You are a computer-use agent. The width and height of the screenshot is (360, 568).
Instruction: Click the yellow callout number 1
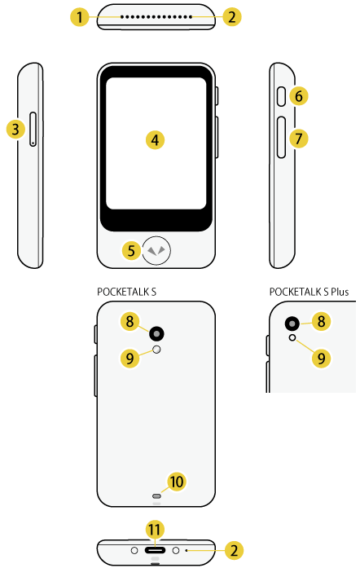click(x=79, y=15)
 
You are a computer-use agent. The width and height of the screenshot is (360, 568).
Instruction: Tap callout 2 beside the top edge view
click(x=234, y=15)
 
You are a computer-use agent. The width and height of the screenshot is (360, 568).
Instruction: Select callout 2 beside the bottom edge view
click(x=234, y=551)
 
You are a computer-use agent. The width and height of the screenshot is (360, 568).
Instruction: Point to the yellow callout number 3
click(x=15, y=128)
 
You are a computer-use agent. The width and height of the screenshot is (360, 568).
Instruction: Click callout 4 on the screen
click(x=155, y=139)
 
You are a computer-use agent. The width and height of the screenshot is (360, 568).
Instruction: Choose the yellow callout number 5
click(x=132, y=249)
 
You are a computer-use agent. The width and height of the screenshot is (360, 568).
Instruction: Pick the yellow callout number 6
click(x=299, y=96)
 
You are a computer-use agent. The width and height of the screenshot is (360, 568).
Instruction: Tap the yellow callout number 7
click(x=299, y=139)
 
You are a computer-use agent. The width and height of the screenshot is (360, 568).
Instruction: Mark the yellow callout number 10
click(x=176, y=482)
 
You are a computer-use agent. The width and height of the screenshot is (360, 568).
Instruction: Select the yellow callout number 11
click(x=154, y=530)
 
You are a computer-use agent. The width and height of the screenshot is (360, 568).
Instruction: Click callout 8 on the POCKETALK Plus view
click(x=322, y=322)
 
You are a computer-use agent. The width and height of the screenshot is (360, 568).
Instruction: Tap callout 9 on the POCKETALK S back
click(x=129, y=355)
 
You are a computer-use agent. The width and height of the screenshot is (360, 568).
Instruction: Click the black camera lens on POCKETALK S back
click(x=156, y=332)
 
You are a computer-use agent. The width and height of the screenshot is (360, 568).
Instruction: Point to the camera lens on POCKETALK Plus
click(x=291, y=324)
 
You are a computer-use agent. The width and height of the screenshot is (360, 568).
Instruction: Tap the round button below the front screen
click(x=156, y=250)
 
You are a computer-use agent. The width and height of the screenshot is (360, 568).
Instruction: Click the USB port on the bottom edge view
click(x=155, y=551)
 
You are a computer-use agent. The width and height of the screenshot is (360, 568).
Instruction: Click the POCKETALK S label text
click(x=127, y=291)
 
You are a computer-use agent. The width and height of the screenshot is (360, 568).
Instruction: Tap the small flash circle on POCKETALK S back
click(x=157, y=350)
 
